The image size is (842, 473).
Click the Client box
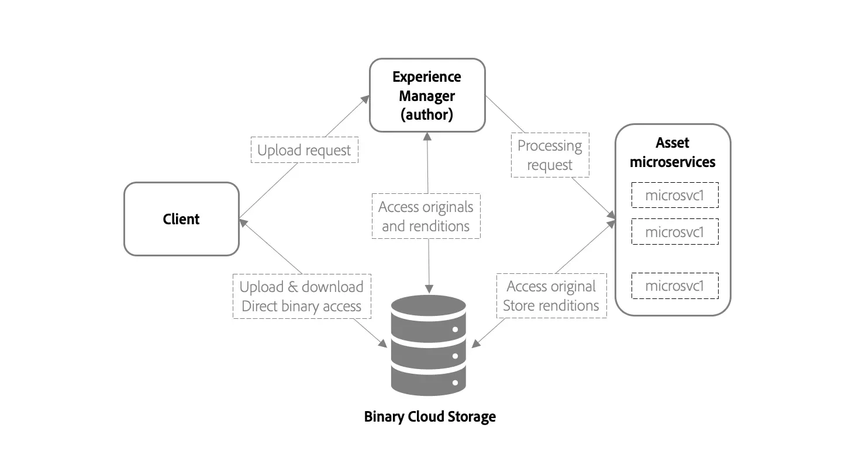coord(181,219)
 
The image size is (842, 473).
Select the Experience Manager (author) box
coord(427,95)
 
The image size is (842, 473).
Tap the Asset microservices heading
coord(672,152)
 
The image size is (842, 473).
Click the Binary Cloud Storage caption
coord(430,417)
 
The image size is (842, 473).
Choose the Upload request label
coord(304,150)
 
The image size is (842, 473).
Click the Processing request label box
coord(550,155)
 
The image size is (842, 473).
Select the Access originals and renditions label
coord(426,216)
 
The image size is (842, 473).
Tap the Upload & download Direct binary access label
coord(302,296)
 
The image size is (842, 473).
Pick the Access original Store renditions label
coord(551,296)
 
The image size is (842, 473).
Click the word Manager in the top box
coord(427,95)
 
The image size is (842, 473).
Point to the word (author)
coord(427,114)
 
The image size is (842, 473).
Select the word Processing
coord(550,146)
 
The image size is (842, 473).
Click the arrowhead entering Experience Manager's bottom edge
coord(427,135)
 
